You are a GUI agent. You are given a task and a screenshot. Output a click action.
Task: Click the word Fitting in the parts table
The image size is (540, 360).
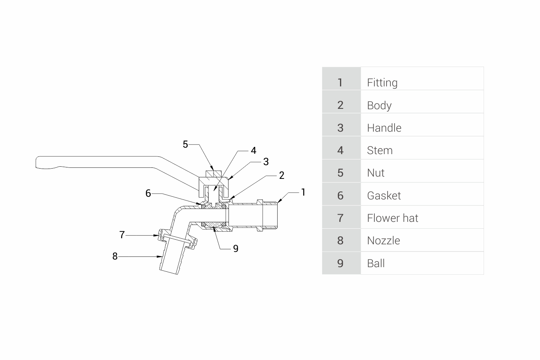[382, 83]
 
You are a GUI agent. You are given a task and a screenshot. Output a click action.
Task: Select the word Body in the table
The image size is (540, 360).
[379, 106]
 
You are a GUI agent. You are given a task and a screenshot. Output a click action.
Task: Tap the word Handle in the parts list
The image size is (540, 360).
[384, 128]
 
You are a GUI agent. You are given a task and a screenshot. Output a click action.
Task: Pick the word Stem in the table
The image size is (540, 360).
[380, 151]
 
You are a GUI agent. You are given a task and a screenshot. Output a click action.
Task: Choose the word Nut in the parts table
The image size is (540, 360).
[375, 173]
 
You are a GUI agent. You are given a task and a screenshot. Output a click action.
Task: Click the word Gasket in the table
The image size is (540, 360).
[384, 196]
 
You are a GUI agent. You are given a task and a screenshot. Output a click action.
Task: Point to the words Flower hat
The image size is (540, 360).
[393, 218]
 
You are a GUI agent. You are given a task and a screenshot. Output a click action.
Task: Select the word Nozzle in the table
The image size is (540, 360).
[383, 241]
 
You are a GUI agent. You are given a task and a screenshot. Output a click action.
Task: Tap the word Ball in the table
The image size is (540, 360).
[376, 263]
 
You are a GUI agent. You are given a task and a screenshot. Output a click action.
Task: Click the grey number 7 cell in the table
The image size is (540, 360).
[341, 217]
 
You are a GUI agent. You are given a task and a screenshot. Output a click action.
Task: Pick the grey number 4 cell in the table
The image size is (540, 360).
[341, 148]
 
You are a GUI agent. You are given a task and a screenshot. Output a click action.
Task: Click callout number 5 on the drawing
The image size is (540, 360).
[185, 144]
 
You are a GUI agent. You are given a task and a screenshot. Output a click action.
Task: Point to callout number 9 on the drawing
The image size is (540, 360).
[236, 248]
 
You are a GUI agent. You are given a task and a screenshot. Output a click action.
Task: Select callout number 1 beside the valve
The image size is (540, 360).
[303, 192]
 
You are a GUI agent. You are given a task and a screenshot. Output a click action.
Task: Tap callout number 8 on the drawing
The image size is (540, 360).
[115, 256]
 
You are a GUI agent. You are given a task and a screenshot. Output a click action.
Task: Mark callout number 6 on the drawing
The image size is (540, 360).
[148, 193]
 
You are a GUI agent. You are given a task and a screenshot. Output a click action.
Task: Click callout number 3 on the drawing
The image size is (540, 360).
[266, 162]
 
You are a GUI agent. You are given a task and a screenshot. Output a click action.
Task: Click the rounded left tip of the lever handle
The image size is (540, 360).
[36, 162]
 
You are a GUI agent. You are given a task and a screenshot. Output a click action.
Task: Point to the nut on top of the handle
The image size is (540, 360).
[214, 174]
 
